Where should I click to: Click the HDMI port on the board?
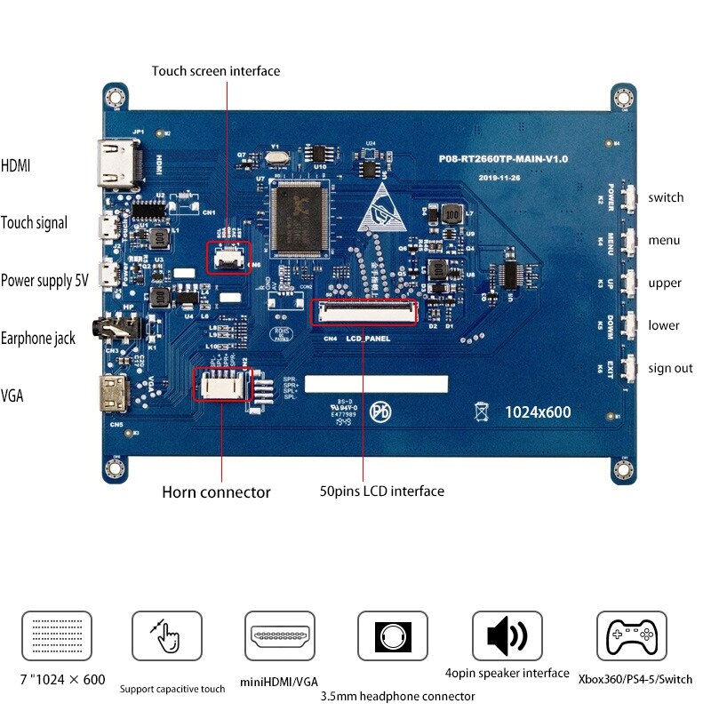click(114, 164)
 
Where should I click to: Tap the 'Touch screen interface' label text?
click(215, 71)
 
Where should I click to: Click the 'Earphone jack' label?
click(38, 338)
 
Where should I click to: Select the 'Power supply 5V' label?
click(44, 281)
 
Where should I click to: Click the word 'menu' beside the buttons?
click(664, 240)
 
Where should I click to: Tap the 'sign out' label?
click(671, 368)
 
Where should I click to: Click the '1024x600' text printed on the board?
click(538, 412)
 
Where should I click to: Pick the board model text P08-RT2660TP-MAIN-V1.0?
click(503, 158)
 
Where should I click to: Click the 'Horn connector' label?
click(216, 491)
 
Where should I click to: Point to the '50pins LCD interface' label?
click(381, 491)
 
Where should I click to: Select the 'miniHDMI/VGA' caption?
click(280, 682)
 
